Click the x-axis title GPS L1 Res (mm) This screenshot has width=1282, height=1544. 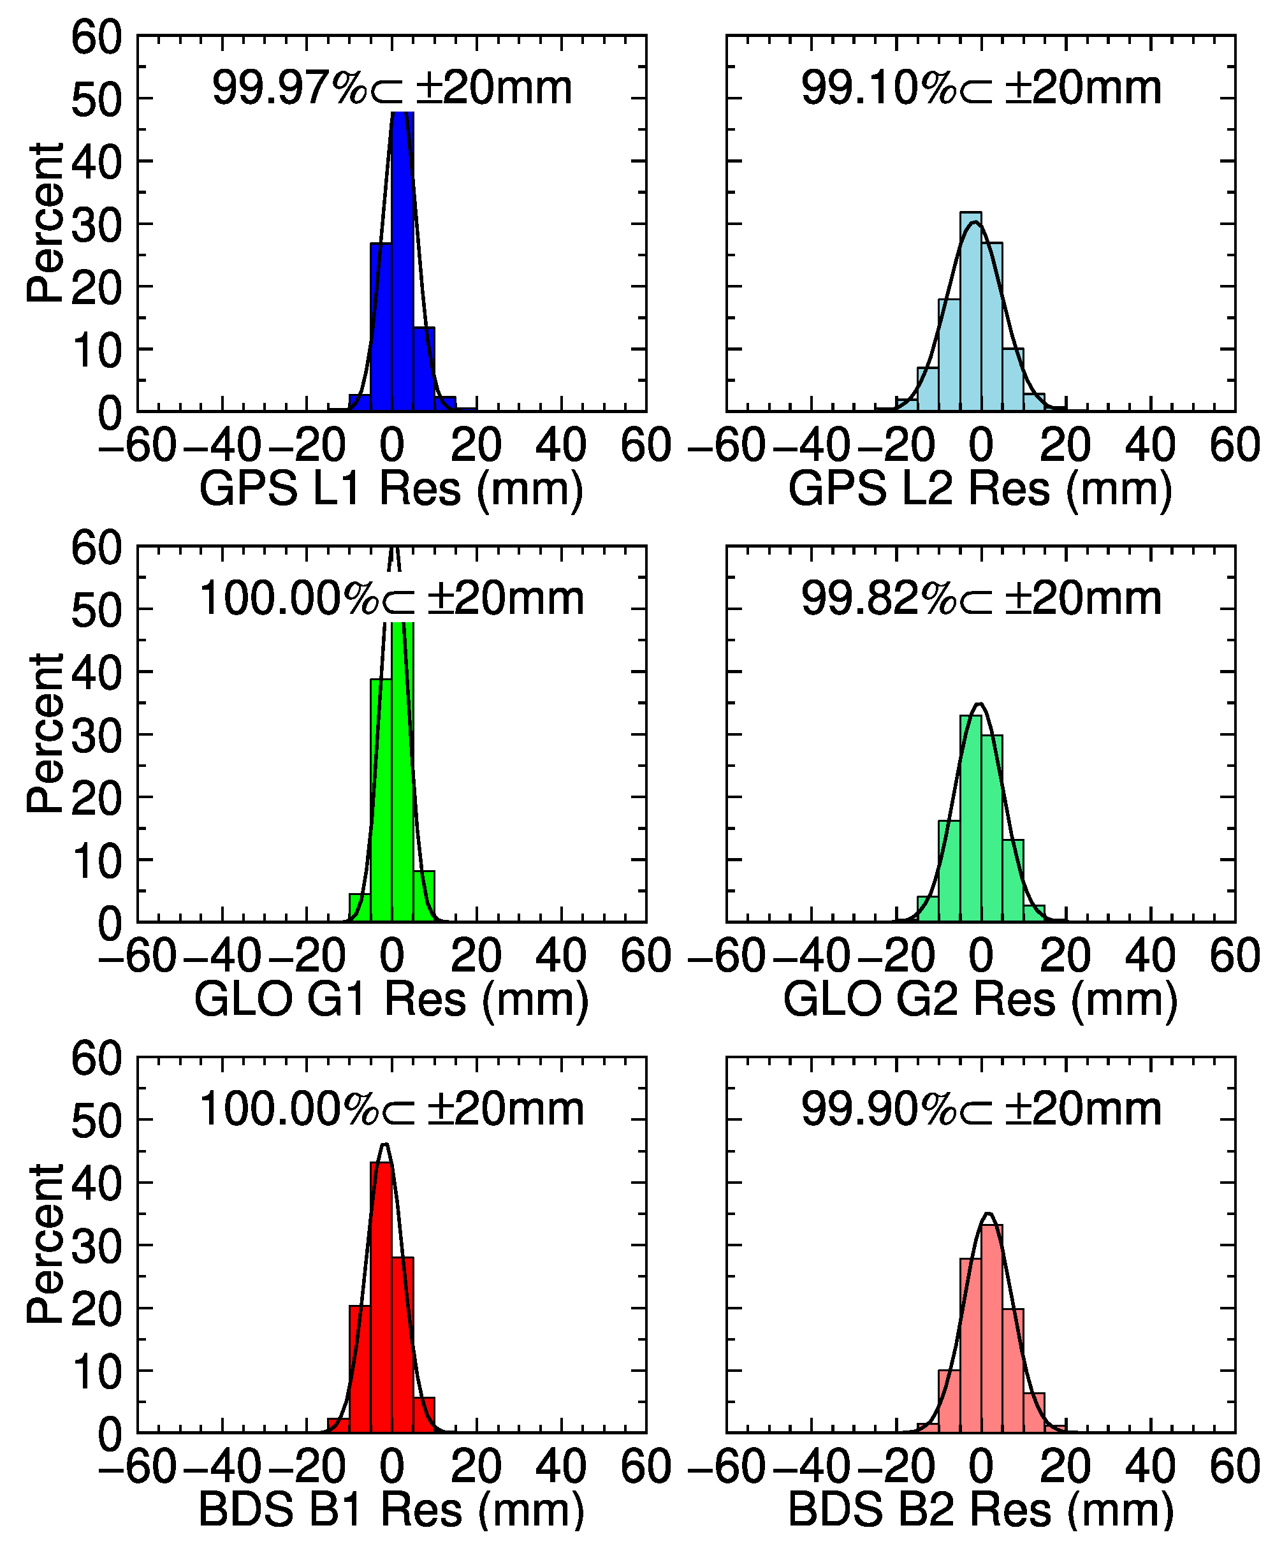coord(391,489)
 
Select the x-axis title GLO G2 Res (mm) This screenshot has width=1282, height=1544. coord(980,999)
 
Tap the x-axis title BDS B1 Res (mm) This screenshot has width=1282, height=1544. coord(391,1510)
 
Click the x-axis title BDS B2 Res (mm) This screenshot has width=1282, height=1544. coord(980,1510)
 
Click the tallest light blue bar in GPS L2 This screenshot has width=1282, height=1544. coord(970,312)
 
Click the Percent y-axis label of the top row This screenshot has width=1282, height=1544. coord(45,222)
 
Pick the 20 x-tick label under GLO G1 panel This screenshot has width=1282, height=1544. coord(476,956)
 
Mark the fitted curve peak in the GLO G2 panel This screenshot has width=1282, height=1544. coord(979,704)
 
